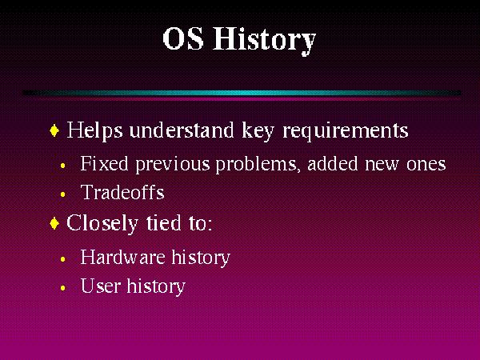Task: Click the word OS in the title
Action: click(183, 40)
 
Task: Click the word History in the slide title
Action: click(264, 40)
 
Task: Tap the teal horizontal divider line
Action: click(240, 93)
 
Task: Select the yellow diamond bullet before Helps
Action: click(54, 130)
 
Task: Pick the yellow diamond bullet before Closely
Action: click(54, 224)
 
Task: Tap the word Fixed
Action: click(100, 165)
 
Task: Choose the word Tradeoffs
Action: click(122, 192)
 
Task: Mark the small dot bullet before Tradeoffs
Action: click(63, 194)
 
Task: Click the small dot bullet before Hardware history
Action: click(63, 260)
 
